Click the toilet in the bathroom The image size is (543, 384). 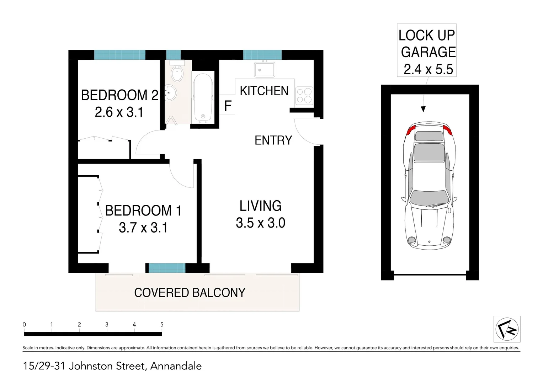(177, 73)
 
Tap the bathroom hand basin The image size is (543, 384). (171, 93)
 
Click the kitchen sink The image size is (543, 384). (264, 69)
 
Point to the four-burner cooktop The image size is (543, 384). (304, 96)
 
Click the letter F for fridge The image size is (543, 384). (228, 106)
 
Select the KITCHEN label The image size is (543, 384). (264, 91)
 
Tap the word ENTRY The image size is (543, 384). (273, 140)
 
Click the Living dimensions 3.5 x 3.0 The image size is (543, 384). (260, 223)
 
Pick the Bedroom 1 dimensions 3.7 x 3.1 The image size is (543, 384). (143, 228)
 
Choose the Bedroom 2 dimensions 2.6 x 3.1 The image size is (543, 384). (119, 112)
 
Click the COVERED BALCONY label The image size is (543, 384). (190, 293)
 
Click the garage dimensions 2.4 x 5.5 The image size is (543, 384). (428, 69)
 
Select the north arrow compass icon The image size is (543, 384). (507, 329)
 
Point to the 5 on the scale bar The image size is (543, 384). (162, 324)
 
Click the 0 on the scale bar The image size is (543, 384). (24, 324)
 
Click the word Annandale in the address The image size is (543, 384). (176, 366)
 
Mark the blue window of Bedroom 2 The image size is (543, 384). (119, 55)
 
